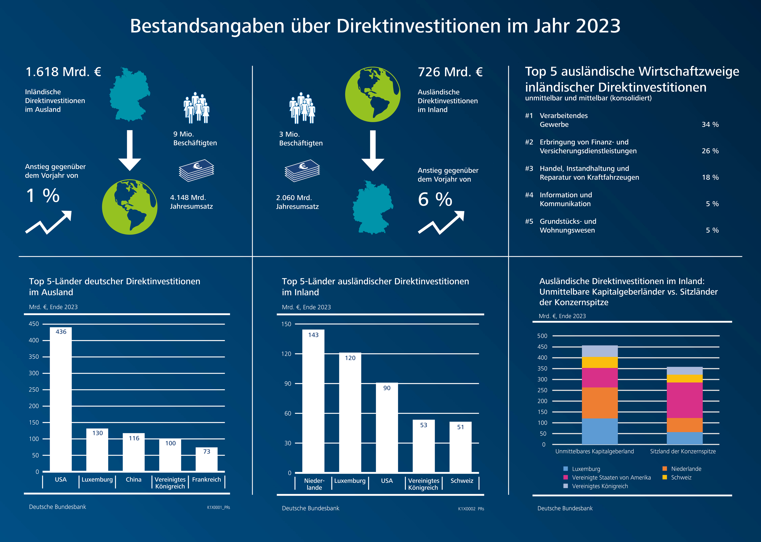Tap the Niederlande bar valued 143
[313, 401]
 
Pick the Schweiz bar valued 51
[460, 447]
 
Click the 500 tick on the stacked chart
[542, 336]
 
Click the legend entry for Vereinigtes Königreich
[600, 486]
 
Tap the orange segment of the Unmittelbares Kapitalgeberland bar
[600, 403]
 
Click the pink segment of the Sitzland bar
[684, 400]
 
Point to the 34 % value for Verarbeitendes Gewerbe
[710, 124]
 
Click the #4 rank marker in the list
[529, 195]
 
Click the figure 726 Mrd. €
[450, 72]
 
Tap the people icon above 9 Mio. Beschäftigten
[196, 108]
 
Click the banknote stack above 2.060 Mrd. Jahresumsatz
[302, 171]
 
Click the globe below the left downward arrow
[130, 207]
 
